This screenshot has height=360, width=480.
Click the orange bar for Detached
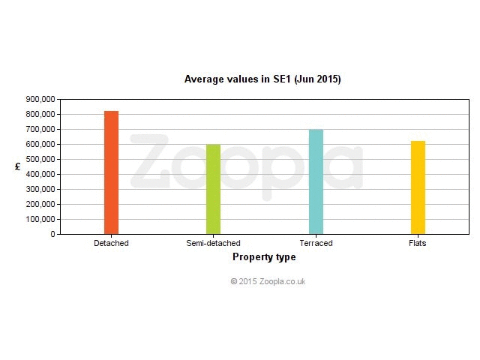tap(111, 172)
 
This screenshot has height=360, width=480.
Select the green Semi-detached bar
tap(213, 189)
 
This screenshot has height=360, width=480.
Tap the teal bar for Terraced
tap(316, 181)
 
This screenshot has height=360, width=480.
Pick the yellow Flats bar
tap(418, 187)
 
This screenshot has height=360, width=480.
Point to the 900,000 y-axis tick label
tap(40, 99)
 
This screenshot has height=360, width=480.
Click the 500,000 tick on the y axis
tap(40, 159)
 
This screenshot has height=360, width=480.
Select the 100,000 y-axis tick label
tap(40, 219)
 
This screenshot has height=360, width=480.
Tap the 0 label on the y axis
tap(53, 234)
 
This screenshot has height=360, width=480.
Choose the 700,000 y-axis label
tap(40, 129)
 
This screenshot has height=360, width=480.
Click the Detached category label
tap(111, 243)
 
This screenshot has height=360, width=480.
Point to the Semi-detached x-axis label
tap(213, 243)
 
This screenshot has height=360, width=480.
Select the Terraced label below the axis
tap(316, 243)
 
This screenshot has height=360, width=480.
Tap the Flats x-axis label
tap(418, 243)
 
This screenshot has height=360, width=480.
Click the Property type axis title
tap(264, 256)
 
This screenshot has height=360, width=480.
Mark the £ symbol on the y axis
tap(18, 166)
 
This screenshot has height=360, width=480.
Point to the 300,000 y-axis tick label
tap(40, 189)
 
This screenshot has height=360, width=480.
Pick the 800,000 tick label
tap(40, 114)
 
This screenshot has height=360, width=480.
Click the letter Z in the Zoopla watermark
tap(150, 161)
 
